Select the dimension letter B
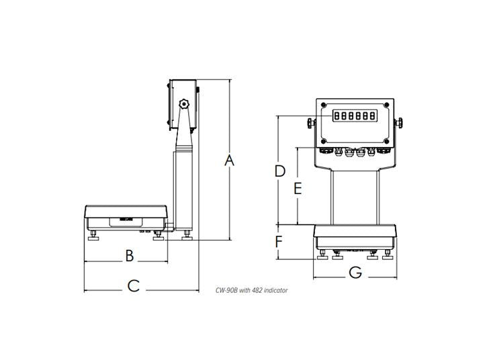[x=130, y=255]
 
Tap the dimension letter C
[x=133, y=285]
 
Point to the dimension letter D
[x=279, y=171]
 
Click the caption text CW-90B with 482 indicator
[x=251, y=290]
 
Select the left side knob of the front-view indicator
[x=311, y=123]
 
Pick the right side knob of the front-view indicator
[x=399, y=123]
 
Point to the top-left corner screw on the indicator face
[x=324, y=105]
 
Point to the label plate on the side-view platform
[x=124, y=218]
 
